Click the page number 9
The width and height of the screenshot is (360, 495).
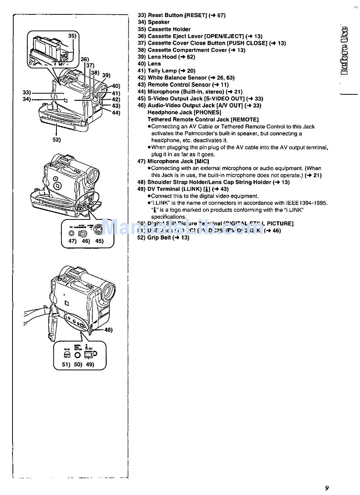click(327, 488)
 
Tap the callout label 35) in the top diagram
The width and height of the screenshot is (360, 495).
click(72, 36)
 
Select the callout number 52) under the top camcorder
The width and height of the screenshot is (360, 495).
click(56, 139)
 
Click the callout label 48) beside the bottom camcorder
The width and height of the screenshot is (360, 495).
click(108, 330)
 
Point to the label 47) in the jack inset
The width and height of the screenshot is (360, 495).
click(72, 241)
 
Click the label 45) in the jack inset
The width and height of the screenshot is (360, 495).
click(99, 241)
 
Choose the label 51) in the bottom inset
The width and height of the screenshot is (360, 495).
click(66, 365)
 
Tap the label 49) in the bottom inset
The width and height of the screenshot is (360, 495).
click(89, 365)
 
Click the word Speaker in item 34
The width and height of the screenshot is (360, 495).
click(159, 22)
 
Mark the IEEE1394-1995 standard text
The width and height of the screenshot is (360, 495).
click(307, 203)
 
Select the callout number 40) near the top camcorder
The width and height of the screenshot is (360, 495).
click(116, 86)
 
